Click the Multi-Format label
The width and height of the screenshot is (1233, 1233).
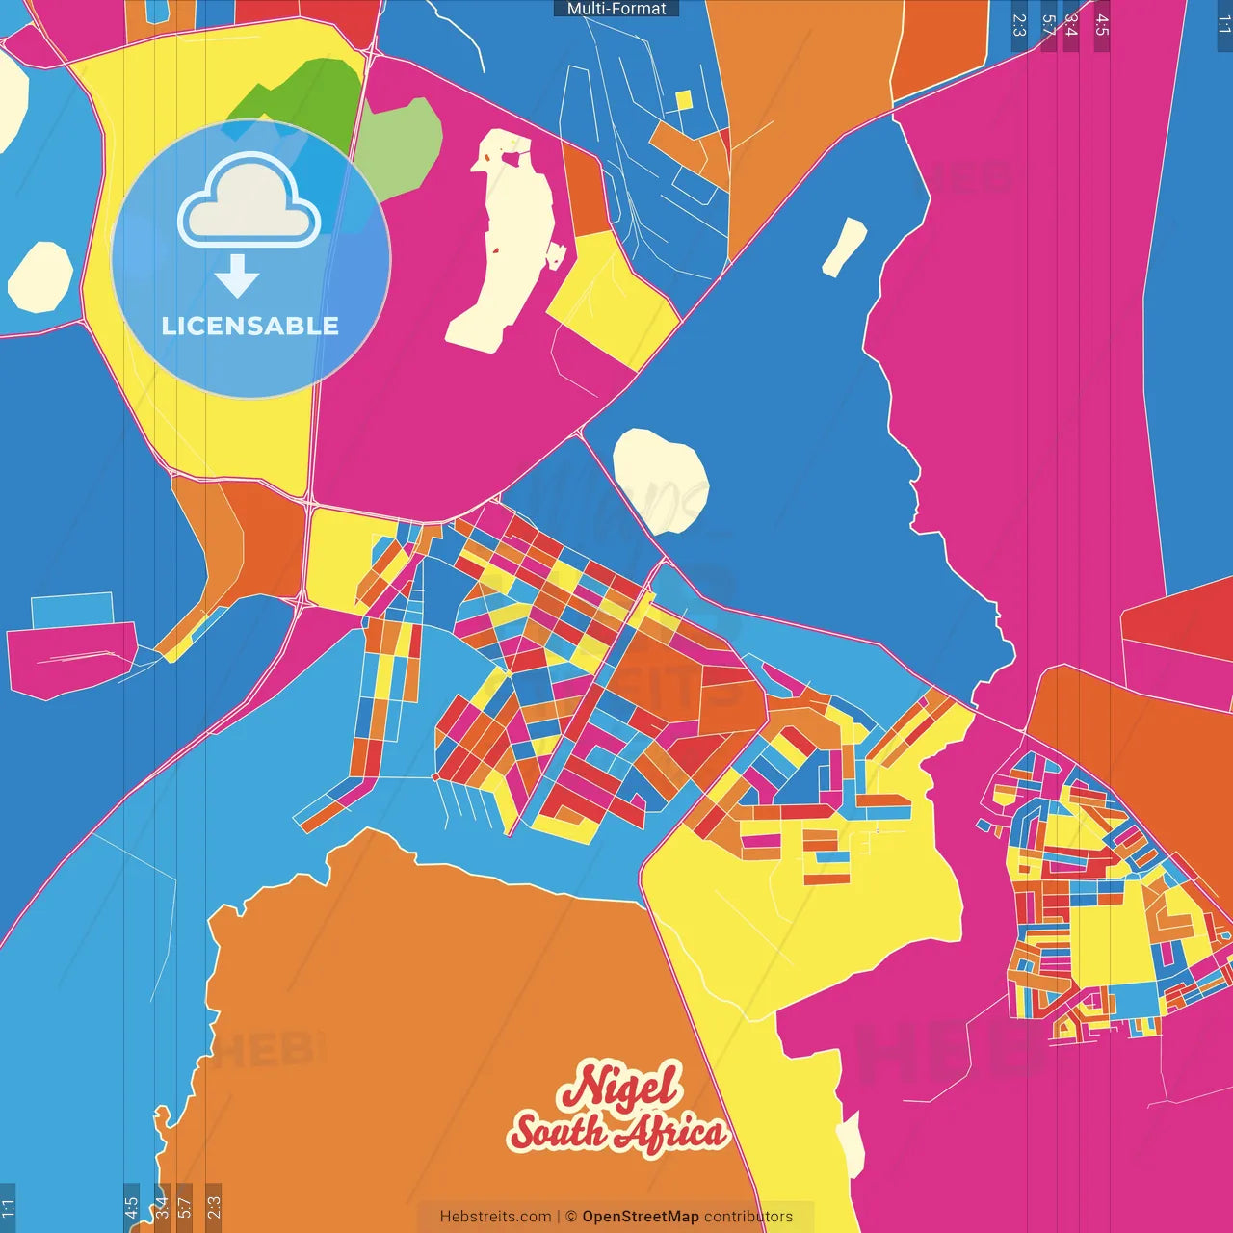tap(616, 9)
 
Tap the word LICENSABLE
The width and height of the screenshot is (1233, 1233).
tap(250, 326)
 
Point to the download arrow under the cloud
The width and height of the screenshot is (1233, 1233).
tap(237, 276)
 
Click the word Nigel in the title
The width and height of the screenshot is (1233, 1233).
tap(622, 1087)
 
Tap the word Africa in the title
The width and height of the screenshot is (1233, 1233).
tap(672, 1133)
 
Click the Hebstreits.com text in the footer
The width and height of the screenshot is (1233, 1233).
tap(495, 1217)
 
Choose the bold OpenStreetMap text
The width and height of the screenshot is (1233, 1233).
tap(641, 1217)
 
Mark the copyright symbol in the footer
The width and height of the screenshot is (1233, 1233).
tap(571, 1217)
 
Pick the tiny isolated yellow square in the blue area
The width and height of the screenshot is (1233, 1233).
tap(684, 100)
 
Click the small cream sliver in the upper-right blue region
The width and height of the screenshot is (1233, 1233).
tap(844, 247)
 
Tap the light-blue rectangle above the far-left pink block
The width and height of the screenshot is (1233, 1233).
tap(72, 610)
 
